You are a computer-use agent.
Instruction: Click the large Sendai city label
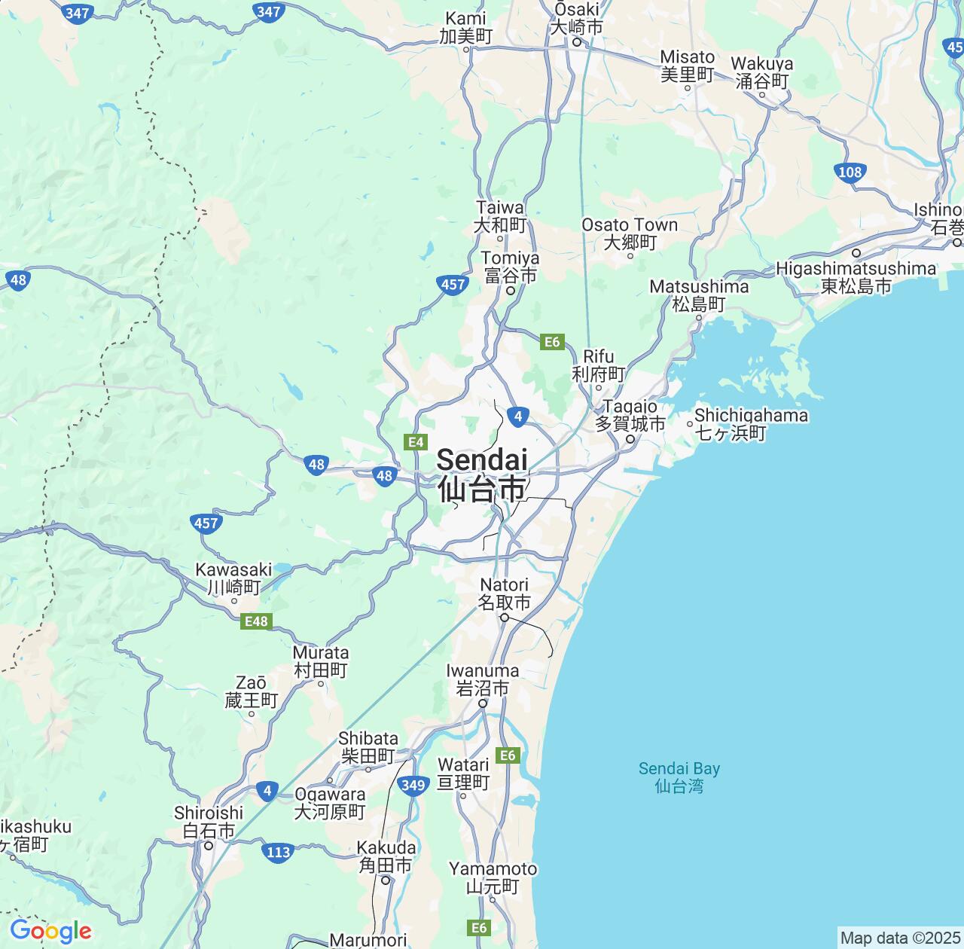pyautogui.click(x=482, y=474)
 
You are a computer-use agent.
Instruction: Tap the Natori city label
pyautogui.click(x=505, y=594)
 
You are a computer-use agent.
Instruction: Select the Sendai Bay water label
pyautogui.click(x=679, y=777)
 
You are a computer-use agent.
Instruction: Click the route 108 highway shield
pyautogui.click(x=850, y=172)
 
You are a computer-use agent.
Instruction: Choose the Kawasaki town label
pyautogui.click(x=233, y=578)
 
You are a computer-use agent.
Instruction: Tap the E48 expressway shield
pyautogui.click(x=256, y=621)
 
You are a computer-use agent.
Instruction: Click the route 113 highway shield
pyautogui.click(x=278, y=853)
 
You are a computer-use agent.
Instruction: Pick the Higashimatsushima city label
pyautogui.click(x=856, y=277)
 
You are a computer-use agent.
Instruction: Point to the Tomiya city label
pyautogui.click(x=511, y=267)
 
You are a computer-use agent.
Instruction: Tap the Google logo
pyautogui.click(x=50, y=931)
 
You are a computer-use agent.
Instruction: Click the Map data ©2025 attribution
pyautogui.click(x=899, y=938)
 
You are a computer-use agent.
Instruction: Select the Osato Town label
pyautogui.click(x=630, y=233)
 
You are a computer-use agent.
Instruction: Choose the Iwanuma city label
pyautogui.click(x=482, y=679)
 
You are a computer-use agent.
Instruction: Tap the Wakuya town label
pyautogui.click(x=762, y=72)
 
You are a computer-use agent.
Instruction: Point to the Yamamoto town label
pyautogui.click(x=493, y=878)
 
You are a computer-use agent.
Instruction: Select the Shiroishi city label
pyautogui.click(x=209, y=822)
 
